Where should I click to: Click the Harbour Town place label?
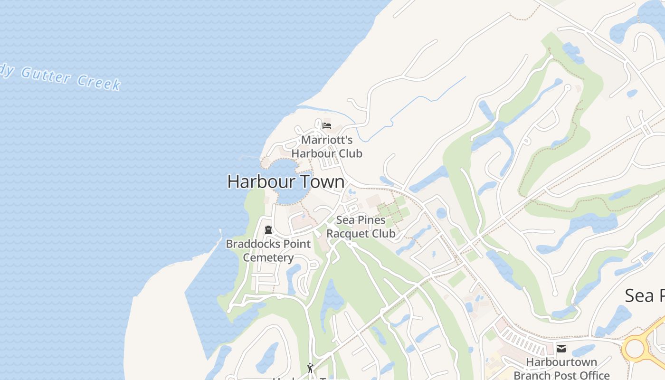point(286,181)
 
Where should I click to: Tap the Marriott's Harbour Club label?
point(327,147)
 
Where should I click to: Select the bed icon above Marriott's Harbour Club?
point(326,126)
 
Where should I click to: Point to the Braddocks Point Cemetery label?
point(268,250)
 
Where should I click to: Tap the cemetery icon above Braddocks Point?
point(268,230)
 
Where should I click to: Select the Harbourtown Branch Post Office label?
point(561,369)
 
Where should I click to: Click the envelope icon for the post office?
point(561,349)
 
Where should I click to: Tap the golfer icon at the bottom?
point(310,368)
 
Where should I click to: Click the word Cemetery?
point(268,257)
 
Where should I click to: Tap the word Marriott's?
point(327,140)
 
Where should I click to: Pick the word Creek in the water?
point(99,83)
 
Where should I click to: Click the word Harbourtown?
point(561,362)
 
